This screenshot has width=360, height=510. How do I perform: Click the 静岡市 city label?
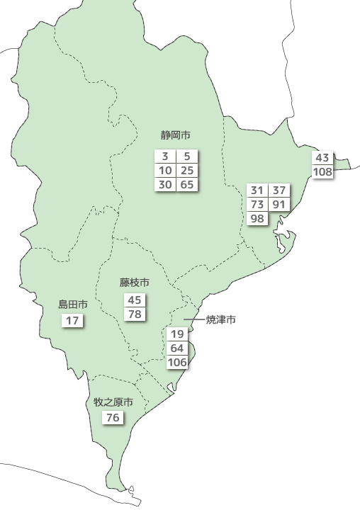[x=176, y=135]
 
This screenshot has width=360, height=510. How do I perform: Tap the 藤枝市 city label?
[x=135, y=283]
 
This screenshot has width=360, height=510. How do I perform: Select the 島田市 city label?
[x=73, y=305]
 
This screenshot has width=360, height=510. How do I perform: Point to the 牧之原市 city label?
[x=113, y=402]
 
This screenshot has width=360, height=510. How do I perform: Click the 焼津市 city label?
[x=220, y=320]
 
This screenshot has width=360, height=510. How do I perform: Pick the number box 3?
[x=165, y=157]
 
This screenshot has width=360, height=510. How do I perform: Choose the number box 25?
[x=187, y=171]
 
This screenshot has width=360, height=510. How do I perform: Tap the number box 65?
[x=187, y=185]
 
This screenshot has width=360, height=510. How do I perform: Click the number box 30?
[x=165, y=185]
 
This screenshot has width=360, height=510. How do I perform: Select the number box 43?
[x=322, y=157]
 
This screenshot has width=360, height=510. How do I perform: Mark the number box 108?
[x=322, y=171]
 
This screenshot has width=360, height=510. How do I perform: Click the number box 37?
[x=279, y=191]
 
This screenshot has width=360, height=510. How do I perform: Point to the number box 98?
[x=257, y=218]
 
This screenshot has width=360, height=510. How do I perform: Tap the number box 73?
[x=257, y=205]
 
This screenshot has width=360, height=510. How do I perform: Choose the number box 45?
[x=135, y=300]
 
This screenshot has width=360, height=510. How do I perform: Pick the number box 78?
[x=135, y=314]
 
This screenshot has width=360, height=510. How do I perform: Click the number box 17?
[x=73, y=321]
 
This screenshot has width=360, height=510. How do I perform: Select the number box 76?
[x=113, y=418]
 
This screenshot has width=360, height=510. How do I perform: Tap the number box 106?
[x=178, y=363]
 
